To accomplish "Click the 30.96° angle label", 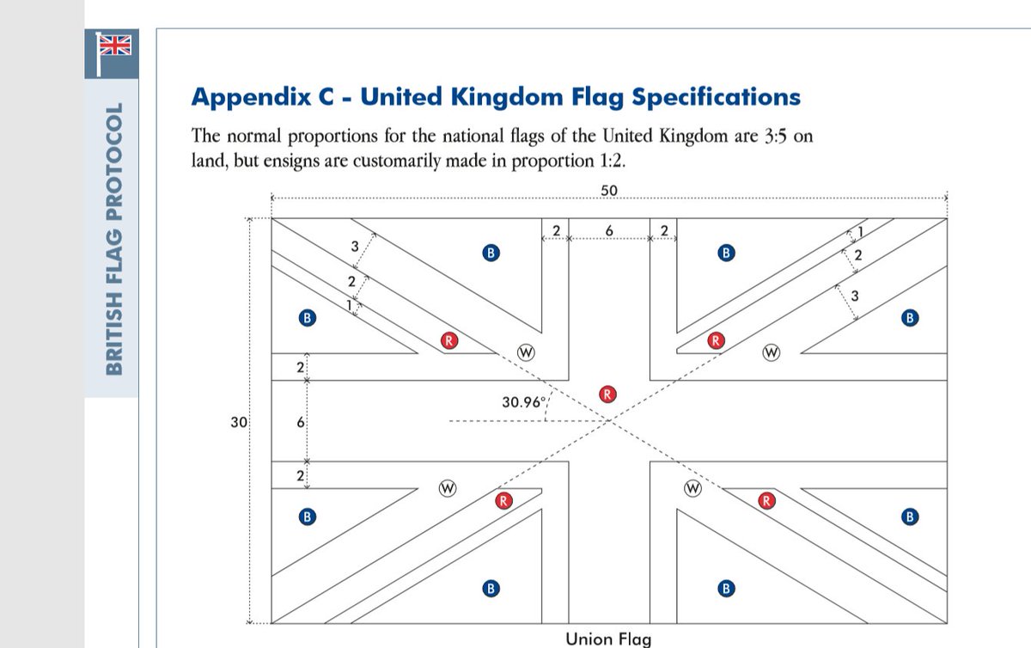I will coord(524,401).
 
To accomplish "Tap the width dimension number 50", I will coord(609,189).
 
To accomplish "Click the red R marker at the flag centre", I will coord(607,394).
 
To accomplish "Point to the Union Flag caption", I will coord(608,639).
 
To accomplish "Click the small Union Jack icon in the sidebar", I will coord(112,46).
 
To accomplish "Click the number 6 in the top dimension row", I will coord(609,230).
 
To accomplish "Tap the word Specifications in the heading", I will coord(717,97).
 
